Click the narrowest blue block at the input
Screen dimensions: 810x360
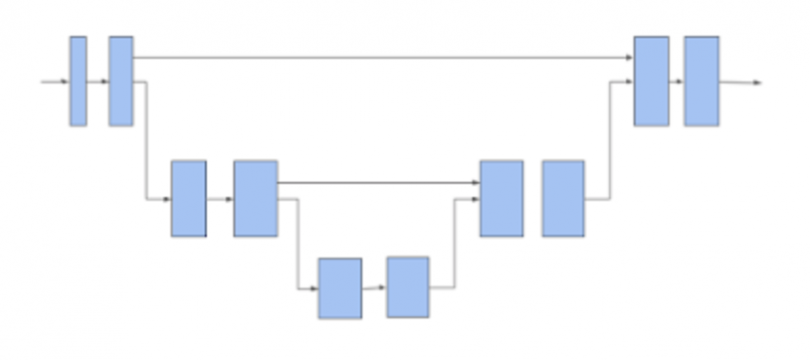pyautogui.click(x=77, y=81)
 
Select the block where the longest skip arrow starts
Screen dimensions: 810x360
pyautogui.click(x=120, y=81)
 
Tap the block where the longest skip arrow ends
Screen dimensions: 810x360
pyautogui.click(x=651, y=81)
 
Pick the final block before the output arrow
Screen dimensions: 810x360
pyautogui.click(x=700, y=81)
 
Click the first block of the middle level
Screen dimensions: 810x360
pyautogui.click(x=188, y=198)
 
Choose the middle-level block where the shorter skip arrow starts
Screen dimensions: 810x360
pyautogui.click(x=255, y=198)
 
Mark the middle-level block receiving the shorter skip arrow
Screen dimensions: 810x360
pyautogui.click(x=501, y=198)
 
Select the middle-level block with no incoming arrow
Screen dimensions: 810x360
pyautogui.click(x=563, y=198)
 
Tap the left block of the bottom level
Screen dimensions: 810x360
pyautogui.click(x=339, y=288)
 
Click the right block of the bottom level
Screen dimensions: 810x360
pyautogui.click(x=408, y=287)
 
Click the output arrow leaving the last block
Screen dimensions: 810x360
pyautogui.click(x=740, y=83)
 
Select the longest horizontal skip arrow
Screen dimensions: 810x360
pyautogui.click(x=381, y=57)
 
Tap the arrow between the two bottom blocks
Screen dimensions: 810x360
pyautogui.click(x=375, y=287)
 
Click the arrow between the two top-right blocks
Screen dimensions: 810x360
pyautogui.click(x=677, y=82)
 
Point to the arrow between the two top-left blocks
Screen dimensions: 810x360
pyautogui.click(x=97, y=81)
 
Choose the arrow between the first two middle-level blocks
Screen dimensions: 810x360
pyautogui.click(x=219, y=199)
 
